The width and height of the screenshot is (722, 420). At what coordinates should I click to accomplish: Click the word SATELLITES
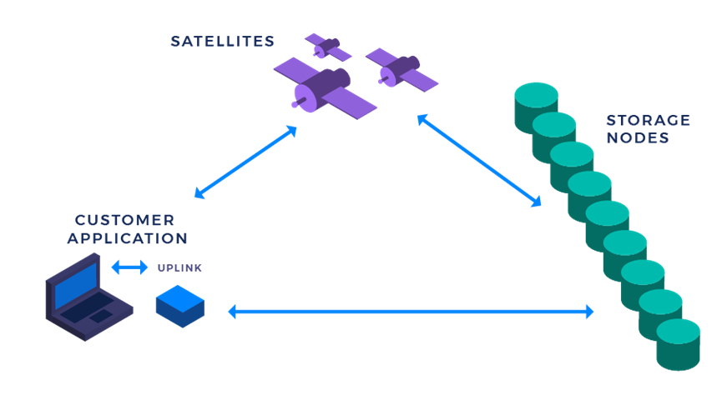[x=222, y=42]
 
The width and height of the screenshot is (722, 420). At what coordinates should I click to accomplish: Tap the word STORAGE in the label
[x=649, y=120]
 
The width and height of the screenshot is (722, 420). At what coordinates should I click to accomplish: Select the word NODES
[x=638, y=137]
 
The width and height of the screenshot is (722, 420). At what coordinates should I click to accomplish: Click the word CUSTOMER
[x=124, y=220]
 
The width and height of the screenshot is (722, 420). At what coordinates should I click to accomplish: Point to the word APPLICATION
[x=128, y=238]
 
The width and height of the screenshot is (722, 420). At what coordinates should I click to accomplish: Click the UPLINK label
[x=179, y=267]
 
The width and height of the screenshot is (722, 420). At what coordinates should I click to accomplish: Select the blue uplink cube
[x=180, y=306]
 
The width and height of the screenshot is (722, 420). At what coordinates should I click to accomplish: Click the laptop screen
[x=76, y=286]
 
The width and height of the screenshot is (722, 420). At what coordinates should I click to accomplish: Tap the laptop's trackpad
[x=100, y=316]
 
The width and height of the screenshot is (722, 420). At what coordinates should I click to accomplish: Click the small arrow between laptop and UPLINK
[x=129, y=267]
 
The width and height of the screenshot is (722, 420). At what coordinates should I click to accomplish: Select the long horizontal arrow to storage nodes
[x=411, y=312]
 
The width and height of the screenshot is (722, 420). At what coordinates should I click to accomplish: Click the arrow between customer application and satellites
[x=245, y=162]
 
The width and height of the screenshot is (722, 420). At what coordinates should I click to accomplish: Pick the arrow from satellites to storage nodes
[x=479, y=160]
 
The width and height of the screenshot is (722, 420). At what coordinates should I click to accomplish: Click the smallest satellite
[x=328, y=47]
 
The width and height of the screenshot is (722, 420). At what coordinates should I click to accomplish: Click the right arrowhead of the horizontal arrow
[x=590, y=312]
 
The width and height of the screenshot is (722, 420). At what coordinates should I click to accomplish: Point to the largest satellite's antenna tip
[x=295, y=105]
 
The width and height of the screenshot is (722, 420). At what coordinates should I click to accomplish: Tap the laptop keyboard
[x=88, y=307]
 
